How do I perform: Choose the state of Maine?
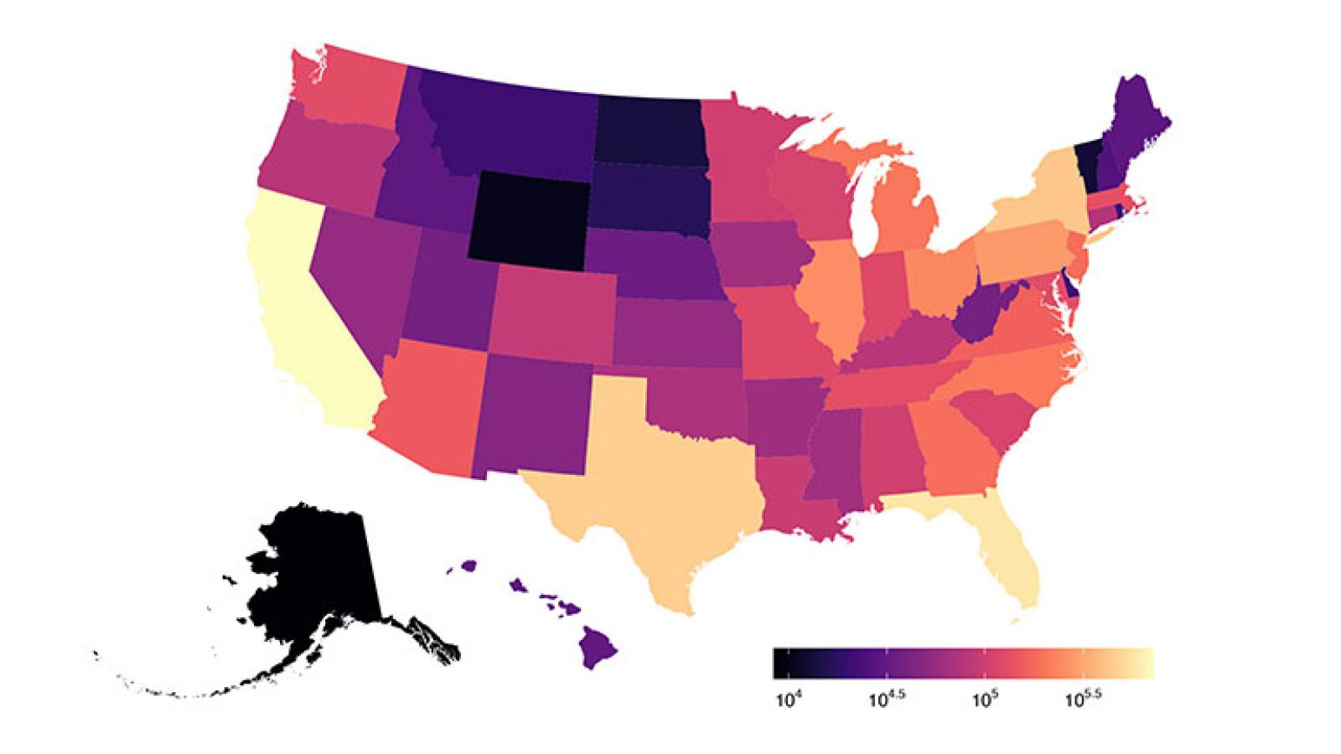(1136, 126)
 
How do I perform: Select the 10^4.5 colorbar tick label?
(886, 697)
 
